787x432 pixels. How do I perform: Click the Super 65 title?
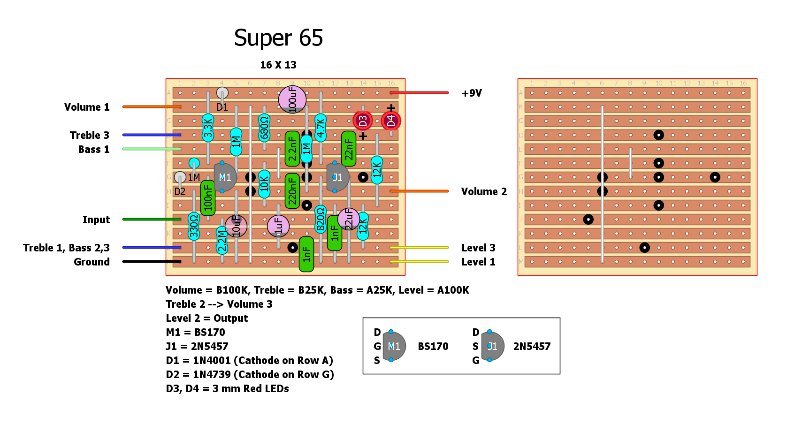278,38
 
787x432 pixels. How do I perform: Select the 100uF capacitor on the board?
292,99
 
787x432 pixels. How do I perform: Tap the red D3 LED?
363,121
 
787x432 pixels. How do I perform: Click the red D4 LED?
391,121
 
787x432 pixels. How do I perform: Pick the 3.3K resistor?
208,128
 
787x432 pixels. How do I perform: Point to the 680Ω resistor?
264,128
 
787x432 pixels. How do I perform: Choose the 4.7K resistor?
321,128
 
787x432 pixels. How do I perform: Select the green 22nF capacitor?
349,149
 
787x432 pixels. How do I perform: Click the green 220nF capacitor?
292,191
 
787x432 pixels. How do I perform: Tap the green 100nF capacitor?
208,198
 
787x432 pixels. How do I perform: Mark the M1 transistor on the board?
225,177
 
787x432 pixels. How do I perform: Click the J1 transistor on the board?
337,177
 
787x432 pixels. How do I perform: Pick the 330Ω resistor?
194,226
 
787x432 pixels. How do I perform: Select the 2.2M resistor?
222,240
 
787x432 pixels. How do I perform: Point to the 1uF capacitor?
278,226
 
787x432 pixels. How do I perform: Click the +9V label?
472,93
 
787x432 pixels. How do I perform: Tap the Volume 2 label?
484,192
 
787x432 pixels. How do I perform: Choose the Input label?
96,220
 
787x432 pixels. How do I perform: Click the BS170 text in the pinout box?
433,347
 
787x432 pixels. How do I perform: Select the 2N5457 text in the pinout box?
532,347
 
